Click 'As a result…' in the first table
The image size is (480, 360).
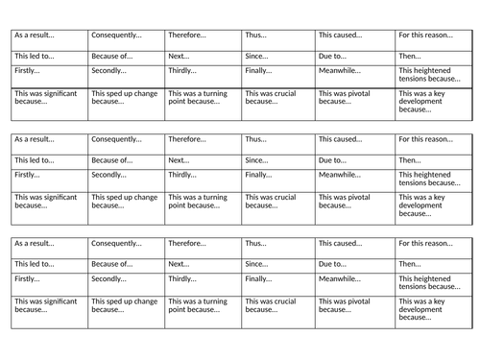click(x=35, y=35)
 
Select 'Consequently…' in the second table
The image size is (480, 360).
click(x=116, y=139)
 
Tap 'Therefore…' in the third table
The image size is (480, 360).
click(x=188, y=244)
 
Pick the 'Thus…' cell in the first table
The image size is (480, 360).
click(x=255, y=35)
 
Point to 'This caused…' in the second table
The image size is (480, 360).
click(x=340, y=139)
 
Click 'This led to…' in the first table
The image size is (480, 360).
click(x=35, y=57)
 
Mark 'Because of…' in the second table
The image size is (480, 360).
click(x=111, y=160)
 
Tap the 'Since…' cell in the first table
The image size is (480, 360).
click(x=256, y=57)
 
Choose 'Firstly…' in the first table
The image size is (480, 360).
click(x=30, y=71)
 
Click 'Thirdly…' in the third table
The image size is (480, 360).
click(x=185, y=279)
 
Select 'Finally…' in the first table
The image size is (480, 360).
click(x=258, y=71)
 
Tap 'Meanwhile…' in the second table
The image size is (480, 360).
click(x=340, y=175)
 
